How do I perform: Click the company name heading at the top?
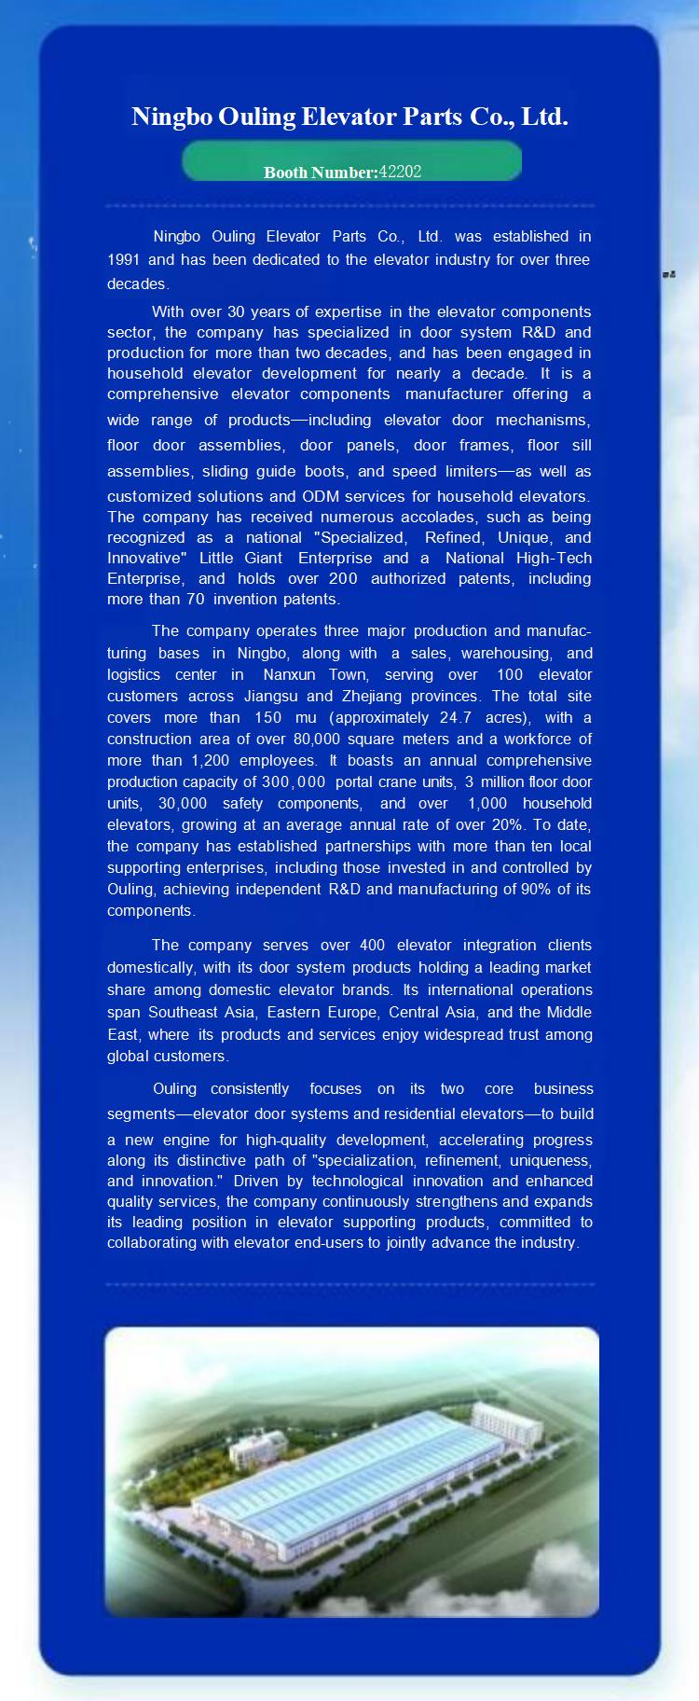click(349, 117)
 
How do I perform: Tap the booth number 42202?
click(400, 172)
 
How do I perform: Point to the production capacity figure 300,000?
click(294, 781)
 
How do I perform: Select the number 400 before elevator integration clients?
click(373, 945)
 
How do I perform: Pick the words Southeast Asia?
click(201, 1012)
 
